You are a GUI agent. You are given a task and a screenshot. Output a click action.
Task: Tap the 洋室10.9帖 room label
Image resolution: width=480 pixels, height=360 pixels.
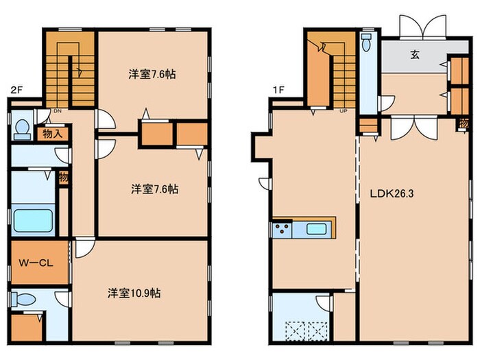point(134,293)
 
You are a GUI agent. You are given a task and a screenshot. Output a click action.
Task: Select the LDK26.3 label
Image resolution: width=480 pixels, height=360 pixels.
point(392,193)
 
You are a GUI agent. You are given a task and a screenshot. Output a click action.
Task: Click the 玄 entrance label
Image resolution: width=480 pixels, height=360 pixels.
point(415,56)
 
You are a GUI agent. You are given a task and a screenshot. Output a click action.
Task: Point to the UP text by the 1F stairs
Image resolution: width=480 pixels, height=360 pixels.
point(341,111)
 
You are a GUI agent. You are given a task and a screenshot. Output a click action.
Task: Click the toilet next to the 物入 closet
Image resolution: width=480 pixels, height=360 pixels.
point(22,129)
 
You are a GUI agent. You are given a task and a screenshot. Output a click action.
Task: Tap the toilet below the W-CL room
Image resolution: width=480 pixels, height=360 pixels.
point(25,300)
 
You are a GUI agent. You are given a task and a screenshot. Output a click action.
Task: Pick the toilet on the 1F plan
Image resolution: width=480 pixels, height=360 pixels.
point(368,44)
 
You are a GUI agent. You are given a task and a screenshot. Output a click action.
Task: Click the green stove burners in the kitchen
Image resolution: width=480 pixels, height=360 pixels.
point(280,229)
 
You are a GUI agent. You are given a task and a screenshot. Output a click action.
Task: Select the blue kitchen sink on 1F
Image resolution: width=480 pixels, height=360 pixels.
point(316,229)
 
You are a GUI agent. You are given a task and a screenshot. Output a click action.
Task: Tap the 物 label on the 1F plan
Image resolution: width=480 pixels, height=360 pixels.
point(464,123)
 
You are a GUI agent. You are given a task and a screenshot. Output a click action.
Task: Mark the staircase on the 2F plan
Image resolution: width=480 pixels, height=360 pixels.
point(70,69)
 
